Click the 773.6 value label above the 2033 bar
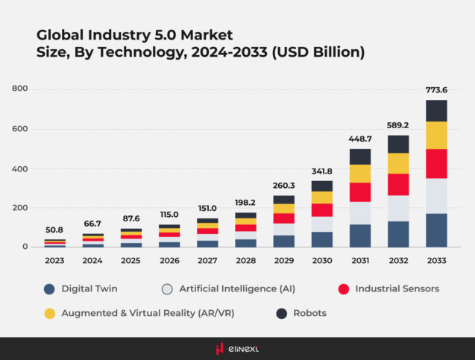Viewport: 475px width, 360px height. (x=436, y=90)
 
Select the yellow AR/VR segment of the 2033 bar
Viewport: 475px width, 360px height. (x=436, y=135)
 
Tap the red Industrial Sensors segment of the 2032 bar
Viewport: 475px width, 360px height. (x=397, y=184)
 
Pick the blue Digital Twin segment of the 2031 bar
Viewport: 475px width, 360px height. (x=359, y=235)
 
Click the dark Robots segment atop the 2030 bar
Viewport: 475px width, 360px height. (x=321, y=186)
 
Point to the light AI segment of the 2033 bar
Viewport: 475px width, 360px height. (x=436, y=195)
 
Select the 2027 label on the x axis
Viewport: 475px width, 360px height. (x=207, y=260)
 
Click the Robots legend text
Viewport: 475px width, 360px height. (x=308, y=313)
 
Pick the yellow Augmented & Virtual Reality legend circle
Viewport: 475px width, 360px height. (x=50, y=313)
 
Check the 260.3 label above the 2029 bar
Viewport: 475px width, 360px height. (x=283, y=186)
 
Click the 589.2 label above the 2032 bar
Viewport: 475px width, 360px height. (x=397, y=125)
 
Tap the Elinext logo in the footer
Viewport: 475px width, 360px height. (x=237, y=348)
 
